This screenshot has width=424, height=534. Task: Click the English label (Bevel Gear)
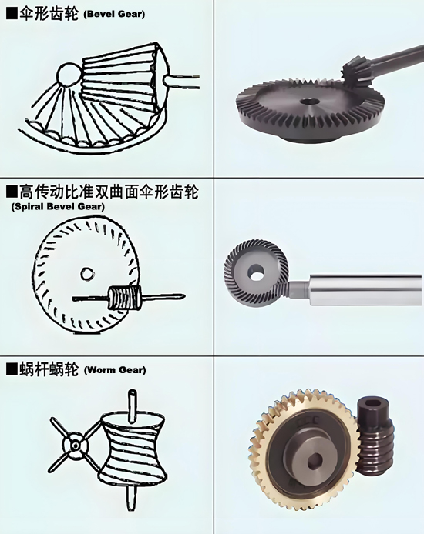tap(114, 14)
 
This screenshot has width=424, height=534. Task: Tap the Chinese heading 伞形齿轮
tap(49, 14)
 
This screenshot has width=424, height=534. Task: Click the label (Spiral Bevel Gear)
tap(58, 206)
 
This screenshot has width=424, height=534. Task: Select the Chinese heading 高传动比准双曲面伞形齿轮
tap(109, 192)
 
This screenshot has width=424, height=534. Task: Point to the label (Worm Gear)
tap(115, 370)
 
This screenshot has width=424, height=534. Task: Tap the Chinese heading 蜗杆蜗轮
tap(49, 369)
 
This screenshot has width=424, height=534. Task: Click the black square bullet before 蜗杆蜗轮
tap(12, 369)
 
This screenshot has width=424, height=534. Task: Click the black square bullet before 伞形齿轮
tap(12, 14)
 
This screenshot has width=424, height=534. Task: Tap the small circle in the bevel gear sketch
tap(68, 74)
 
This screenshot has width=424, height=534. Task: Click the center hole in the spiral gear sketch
tap(87, 273)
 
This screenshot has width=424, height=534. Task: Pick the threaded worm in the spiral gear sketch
tap(125, 297)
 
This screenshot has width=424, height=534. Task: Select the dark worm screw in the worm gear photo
tap(375, 437)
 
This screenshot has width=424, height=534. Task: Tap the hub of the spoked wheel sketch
tap(76, 446)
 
